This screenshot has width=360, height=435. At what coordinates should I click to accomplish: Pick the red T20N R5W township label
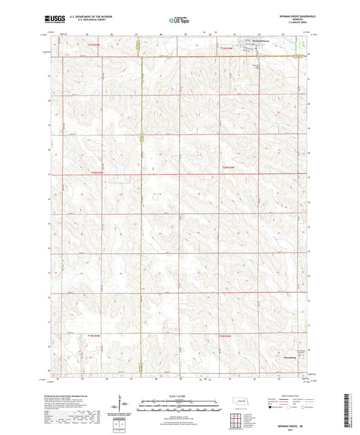point(99,173)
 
